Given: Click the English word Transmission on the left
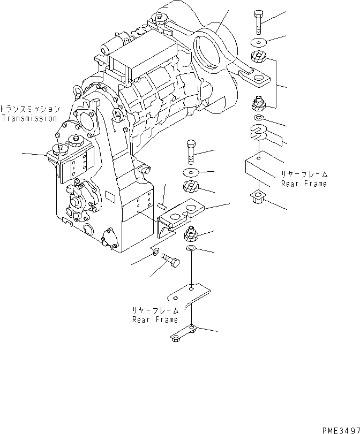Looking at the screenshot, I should (x=29, y=118).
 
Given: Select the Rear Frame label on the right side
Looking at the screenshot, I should (x=304, y=184).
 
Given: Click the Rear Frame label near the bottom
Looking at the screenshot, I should (x=155, y=319).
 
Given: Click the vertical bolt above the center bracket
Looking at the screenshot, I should (x=192, y=153).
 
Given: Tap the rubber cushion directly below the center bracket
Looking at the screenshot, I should (x=192, y=233).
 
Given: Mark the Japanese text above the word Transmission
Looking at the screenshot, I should (x=29, y=108).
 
